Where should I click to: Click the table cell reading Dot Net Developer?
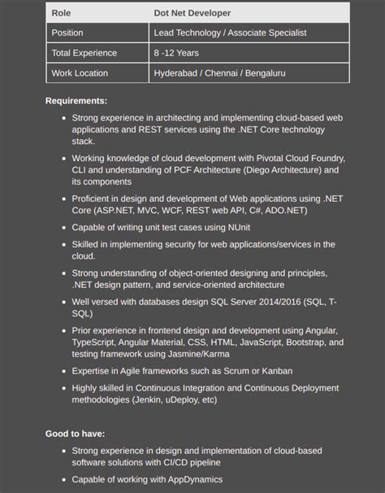click(x=192, y=13)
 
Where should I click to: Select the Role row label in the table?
click(x=62, y=13)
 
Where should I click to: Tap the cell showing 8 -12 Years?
click(x=176, y=53)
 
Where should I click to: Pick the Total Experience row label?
click(x=84, y=53)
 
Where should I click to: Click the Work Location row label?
click(x=80, y=73)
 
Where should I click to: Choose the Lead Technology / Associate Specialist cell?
click(x=231, y=33)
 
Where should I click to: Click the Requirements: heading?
click(x=76, y=101)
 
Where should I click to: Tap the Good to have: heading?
click(x=75, y=434)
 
